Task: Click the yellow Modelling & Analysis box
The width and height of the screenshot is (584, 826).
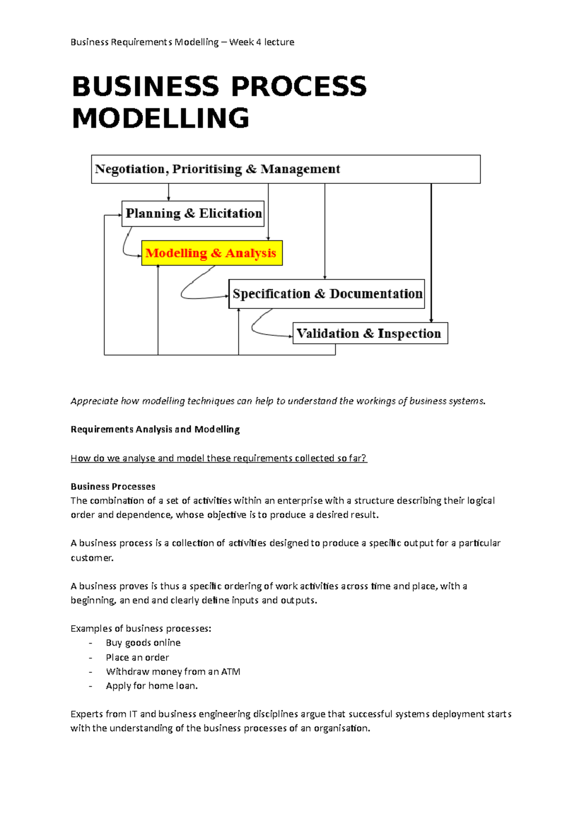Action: click(212, 253)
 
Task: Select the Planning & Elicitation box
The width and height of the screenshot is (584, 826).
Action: click(193, 214)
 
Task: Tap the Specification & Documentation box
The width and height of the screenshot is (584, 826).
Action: click(327, 294)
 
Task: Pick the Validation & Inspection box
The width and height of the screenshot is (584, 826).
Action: click(370, 333)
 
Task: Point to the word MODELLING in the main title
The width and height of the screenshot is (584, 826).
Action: click(161, 118)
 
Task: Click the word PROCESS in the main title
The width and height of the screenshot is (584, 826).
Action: click(299, 87)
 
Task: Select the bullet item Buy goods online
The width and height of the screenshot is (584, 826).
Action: click(143, 643)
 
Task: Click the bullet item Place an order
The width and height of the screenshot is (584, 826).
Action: click(137, 657)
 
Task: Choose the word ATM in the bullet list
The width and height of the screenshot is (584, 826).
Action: click(231, 671)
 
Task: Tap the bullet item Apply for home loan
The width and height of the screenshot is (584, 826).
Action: click(152, 685)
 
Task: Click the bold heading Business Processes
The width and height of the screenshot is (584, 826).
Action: click(113, 486)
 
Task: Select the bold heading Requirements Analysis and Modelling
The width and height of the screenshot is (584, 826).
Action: click(155, 429)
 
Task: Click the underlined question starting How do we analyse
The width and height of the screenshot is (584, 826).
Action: click(219, 458)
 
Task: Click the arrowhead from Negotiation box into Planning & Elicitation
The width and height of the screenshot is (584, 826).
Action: click(169, 198)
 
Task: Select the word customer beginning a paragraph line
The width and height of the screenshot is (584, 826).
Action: click(91, 557)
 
